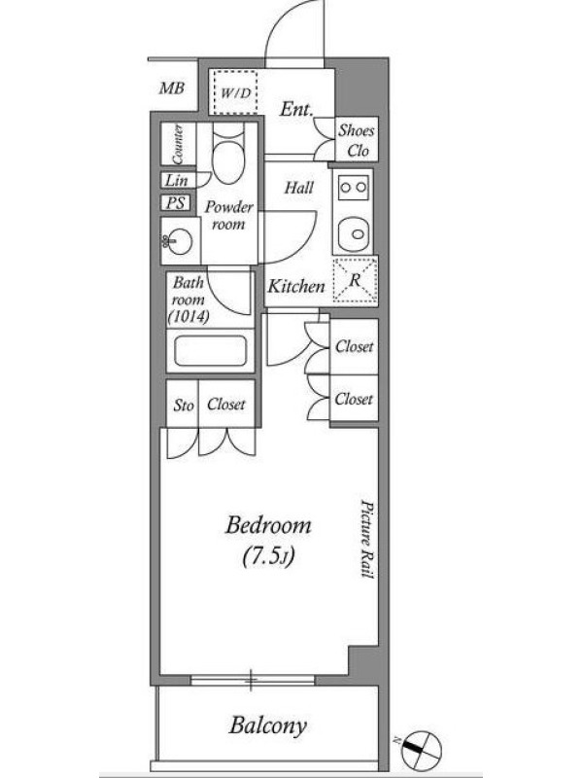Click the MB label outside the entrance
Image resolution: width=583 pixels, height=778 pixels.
[x=172, y=88]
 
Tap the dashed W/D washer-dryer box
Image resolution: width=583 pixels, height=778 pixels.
[x=235, y=91]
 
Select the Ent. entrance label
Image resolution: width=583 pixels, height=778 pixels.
[x=296, y=109]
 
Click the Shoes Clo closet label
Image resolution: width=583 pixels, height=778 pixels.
[x=357, y=140]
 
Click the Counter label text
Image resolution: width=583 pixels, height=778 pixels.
[x=177, y=144]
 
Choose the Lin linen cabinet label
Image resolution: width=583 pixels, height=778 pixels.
[x=176, y=180]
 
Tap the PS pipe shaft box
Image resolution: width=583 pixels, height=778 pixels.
[x=175, y=202]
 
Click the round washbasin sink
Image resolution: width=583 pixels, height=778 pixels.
[x=178, y=241]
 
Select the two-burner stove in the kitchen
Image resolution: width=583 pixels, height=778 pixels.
[x=353, y=188]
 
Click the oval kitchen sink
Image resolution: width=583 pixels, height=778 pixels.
[x=353, y=232]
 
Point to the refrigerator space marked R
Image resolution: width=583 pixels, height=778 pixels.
[x=355, y=280]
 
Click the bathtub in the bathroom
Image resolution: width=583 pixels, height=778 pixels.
[x=211, y=351]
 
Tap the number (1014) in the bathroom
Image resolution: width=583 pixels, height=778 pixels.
[x=189, y=316]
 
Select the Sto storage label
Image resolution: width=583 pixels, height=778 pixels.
[x=183, y=406]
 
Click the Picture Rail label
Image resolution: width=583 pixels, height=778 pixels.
[x=367, y=539]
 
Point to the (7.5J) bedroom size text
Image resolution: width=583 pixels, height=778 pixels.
[x=268, y=556]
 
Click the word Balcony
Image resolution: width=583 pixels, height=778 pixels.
[x=268, y=725]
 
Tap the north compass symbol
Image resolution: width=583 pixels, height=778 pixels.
[x=421, y=748]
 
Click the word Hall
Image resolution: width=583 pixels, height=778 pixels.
[x=299, y=188]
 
